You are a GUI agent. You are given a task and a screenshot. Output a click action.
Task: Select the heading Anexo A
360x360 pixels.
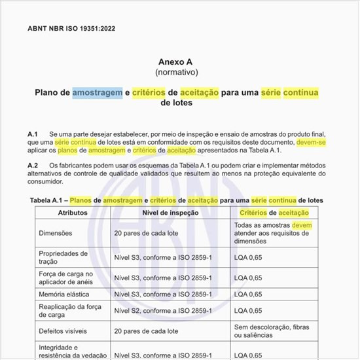tap(177, 61)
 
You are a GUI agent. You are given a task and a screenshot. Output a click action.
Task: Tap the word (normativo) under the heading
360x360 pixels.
tap(177, 71)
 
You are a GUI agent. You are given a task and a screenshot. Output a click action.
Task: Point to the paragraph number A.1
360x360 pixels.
tap(33, 133)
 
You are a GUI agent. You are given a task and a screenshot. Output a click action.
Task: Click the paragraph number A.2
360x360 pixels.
tap(33, 166)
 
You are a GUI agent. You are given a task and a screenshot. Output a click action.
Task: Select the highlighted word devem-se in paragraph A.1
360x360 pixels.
tap(311, 141)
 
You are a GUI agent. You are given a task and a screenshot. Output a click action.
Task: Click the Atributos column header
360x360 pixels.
tap(73, 213)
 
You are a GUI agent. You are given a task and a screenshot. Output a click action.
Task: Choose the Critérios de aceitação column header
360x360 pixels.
tap(274, 213)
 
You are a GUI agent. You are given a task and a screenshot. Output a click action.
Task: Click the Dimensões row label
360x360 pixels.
tap(60, 232)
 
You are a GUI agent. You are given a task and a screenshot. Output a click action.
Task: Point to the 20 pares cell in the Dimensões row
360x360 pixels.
tap(146, 232)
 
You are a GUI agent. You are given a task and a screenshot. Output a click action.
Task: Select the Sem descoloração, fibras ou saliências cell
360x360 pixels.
tap(278, 331)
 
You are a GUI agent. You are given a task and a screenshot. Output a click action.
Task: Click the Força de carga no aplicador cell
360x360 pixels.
tap(67, 278)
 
